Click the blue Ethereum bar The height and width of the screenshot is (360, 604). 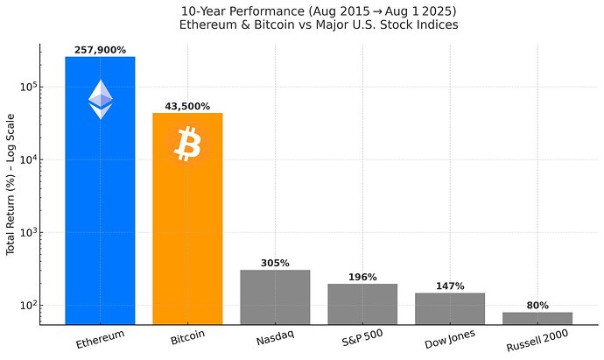click(x=100, y=219)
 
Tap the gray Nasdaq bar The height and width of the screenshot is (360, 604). click(x=275, y=298)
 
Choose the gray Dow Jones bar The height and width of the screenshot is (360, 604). click(x=450, y=308)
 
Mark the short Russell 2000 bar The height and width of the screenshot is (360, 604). click(x=537, y=318)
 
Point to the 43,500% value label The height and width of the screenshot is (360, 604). click(x=187, y=107)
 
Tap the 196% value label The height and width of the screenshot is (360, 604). click(x=362, y=278)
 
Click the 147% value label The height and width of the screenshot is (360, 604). click(x=450, y=286)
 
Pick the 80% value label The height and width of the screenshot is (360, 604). click(x=537, y=306)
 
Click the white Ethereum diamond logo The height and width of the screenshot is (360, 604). click(x=100, y=99)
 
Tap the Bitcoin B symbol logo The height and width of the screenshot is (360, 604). click(x=187, y=144)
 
